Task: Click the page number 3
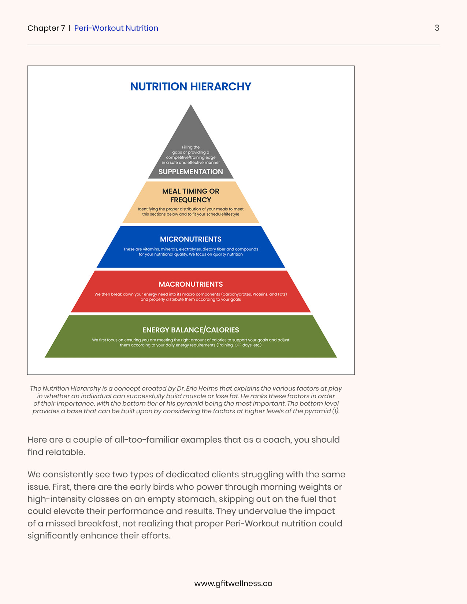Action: point(437,28)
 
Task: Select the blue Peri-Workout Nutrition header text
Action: point(116,28)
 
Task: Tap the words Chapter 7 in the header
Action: point(46,28)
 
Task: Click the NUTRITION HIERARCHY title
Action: point(190,86)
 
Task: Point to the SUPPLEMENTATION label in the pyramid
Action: point(190,172)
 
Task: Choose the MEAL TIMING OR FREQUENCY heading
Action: point(190,195)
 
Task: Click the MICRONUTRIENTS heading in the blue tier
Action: point(190,239)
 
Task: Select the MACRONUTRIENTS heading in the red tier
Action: point(190,284)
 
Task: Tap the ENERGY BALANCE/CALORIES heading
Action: point(190,330)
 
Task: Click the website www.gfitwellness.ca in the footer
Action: point(233,584)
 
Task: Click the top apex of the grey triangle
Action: point(191,106)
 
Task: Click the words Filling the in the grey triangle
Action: point(191,147)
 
